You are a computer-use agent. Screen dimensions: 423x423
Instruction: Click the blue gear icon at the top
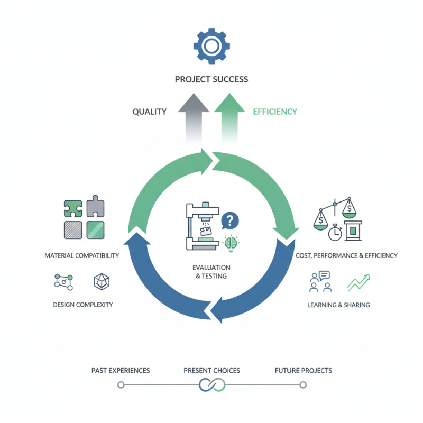pyautogui.click(x=212, y=47)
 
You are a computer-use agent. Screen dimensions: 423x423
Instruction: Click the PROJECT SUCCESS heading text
pyautogui.click(x=212, y=79)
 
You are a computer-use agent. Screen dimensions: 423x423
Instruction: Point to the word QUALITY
pyautogui.click(x=150, y=112)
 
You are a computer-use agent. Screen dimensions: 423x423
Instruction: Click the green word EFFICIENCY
pyautogui.click(x=275, y=112)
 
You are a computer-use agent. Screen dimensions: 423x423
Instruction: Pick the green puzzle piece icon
pyautogui.click(x=72, y=208)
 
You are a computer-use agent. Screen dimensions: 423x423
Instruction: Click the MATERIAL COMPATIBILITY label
pyautogui.click(x=82, y=255)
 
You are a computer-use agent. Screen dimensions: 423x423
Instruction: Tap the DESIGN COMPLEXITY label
pyautogui.click(x=83, y=305)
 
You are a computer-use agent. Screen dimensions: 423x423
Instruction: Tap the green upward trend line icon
pyautogui.click(x=358, y=282)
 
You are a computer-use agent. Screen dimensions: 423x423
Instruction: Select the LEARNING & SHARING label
pyautogui.click(x=338, y=305)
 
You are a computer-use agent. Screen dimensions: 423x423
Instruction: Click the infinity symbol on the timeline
pyautogui.click(x=212, y=385)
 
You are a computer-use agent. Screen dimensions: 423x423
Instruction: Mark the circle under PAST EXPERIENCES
pyautogui.click(x=121, y=385)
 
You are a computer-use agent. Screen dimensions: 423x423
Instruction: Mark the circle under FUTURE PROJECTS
pyautogui.click(x=303, y=385)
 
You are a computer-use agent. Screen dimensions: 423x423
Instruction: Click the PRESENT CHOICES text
pyautogui.click(x=212, y=370)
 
